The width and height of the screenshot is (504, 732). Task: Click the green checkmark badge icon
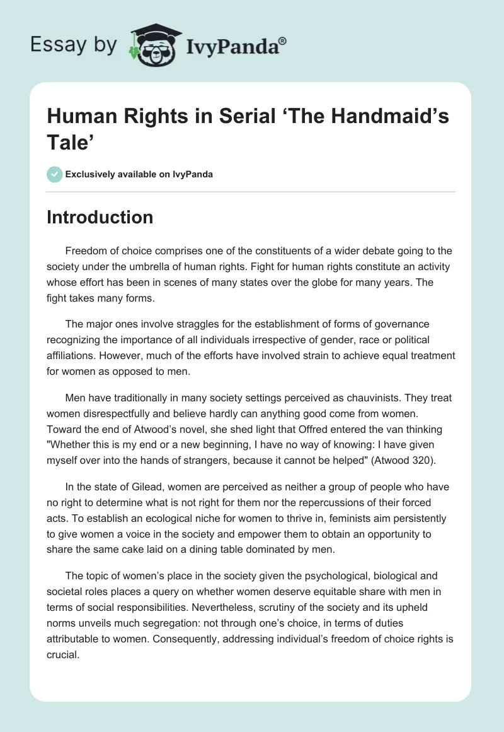(55, 174)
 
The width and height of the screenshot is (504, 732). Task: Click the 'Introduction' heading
(100, 217)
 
